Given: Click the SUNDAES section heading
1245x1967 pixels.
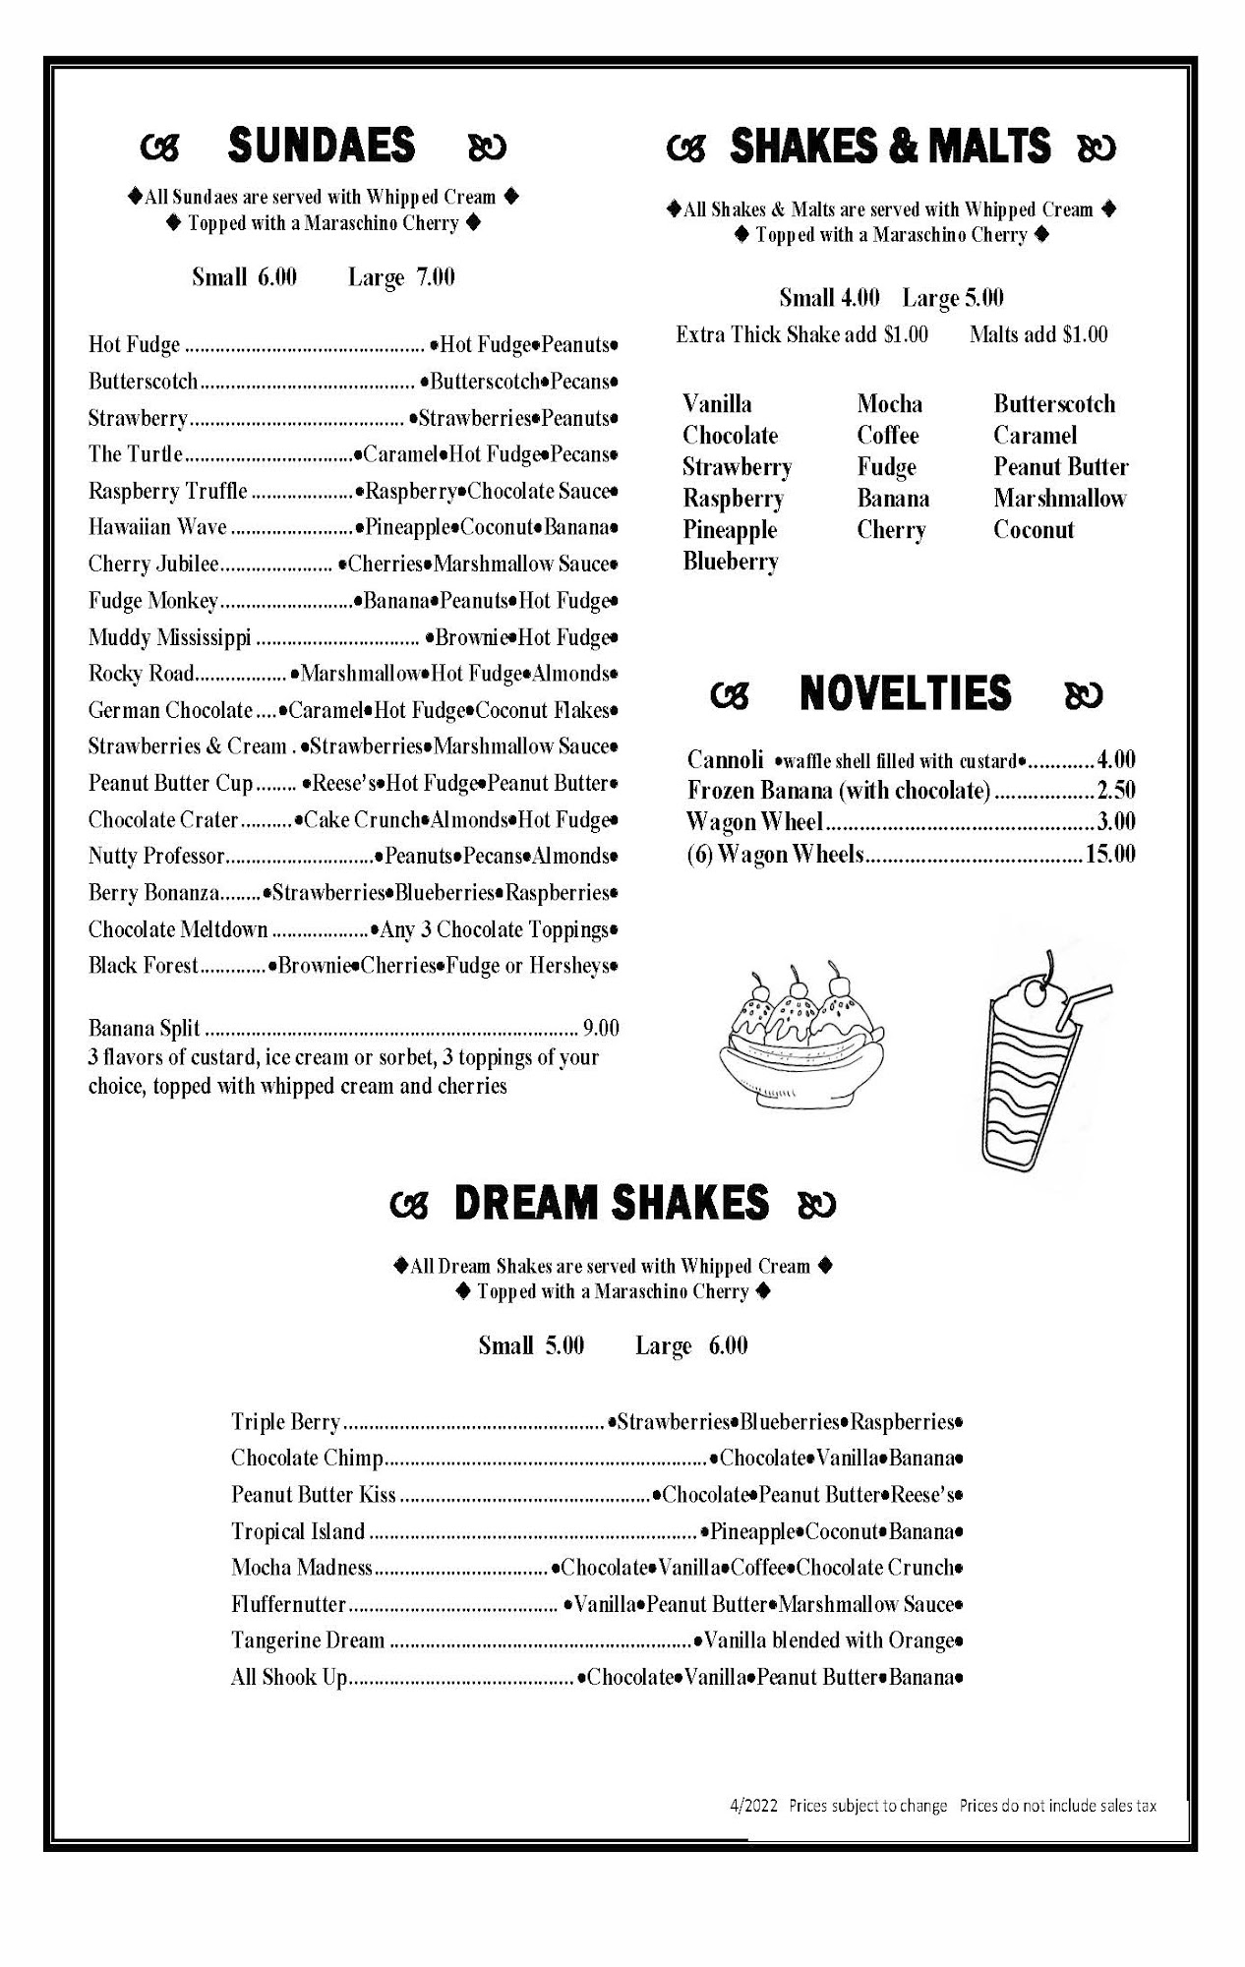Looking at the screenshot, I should (x=322, y=146).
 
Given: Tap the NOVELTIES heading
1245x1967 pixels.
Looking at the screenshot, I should (x=905, y=693).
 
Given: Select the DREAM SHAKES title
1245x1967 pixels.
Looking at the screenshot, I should (x=611, y=1203).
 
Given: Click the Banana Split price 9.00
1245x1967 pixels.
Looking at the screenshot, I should (x=601, y=1029).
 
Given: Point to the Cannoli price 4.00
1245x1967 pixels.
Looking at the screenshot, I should (x=1116, y=759).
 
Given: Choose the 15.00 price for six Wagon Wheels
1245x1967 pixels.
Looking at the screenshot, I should (x=1110, y=854).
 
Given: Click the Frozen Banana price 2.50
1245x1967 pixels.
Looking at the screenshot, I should (x=1116, y=791).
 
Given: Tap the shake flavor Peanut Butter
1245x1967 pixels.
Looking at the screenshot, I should (x=1060, y=467).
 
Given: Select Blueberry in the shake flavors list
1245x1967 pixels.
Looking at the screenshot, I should (x=731, y=562).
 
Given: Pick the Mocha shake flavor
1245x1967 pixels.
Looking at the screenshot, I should (x=889, y=404).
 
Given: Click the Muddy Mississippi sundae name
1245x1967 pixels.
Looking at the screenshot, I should (x=169, y=637).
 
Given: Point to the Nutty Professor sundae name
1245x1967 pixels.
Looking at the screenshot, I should (x=156, y=856).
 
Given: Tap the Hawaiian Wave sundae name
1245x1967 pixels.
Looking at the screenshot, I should (x=157, y=527).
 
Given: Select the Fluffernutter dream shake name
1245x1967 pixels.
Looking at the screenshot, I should (x=288, y=1604).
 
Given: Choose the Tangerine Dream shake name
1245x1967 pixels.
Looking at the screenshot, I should (x=308, y=1640).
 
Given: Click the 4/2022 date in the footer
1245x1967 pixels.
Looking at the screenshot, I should (x=753, y=1806).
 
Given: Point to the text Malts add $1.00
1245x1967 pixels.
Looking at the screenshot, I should (x=1037, y=334).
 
